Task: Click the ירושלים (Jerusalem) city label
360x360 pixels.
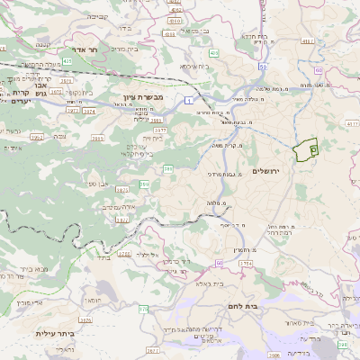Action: pos(266,171)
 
